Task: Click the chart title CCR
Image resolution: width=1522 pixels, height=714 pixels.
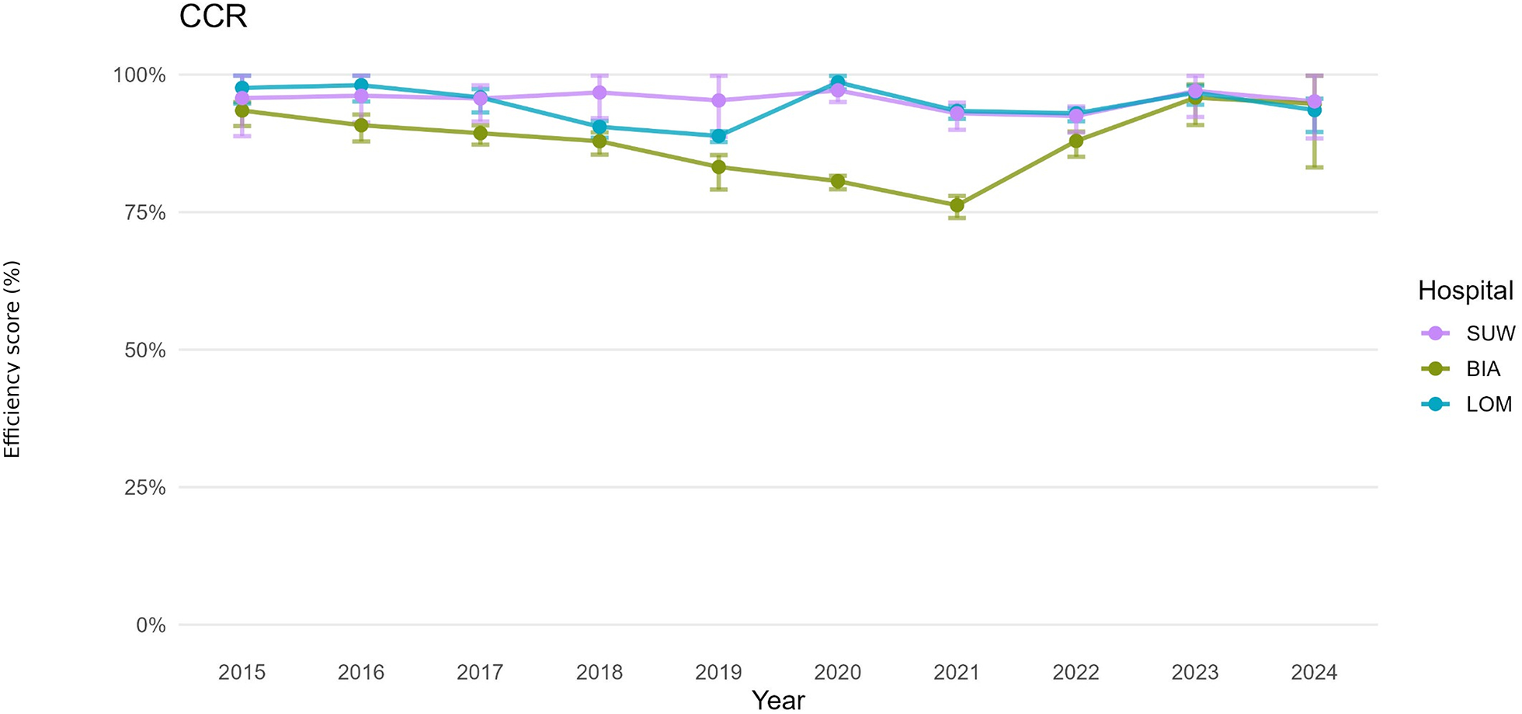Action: [x=213, y=16]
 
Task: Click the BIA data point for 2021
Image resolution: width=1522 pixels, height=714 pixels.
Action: [x=957, y=205]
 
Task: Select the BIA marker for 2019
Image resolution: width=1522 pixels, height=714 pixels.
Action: [x=718, y=167]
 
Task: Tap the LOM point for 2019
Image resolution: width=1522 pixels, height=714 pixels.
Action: [x=718, y=136]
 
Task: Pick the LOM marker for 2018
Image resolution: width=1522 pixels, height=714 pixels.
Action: [x=599, y=127]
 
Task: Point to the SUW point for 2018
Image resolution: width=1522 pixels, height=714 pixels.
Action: [x=599, y=92]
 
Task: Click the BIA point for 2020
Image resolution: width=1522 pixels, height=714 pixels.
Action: [x=838, y=182]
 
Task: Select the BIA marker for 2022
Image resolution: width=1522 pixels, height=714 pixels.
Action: [x=1076, y=141]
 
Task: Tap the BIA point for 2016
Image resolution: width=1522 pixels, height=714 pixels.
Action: [x=361, y=125]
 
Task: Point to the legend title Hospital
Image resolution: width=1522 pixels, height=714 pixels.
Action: [x=1465, y=291]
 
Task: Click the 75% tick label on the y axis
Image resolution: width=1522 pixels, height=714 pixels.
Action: [x=145, y=213]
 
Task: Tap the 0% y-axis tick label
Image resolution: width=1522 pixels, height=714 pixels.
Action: [x=151, y=625]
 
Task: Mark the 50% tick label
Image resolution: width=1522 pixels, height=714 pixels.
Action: [x=145, y=350]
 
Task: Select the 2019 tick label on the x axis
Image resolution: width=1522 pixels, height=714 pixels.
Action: [x=718, y=672]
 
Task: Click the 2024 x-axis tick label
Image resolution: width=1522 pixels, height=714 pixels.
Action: [x=1314, y=672]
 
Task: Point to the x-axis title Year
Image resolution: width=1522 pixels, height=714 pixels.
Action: [x=778, y=701]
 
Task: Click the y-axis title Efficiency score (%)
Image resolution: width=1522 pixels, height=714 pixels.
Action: [x=12, y=359]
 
